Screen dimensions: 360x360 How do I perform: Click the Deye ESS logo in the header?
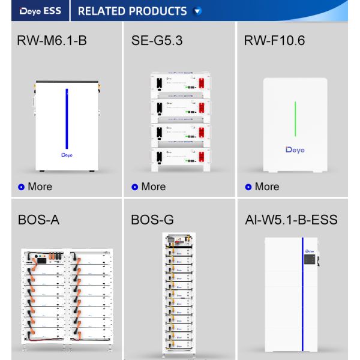coord(40,11)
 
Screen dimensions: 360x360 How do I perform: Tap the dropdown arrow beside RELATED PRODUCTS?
coord(197,11)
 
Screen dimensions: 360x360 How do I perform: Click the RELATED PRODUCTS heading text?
coord(132,11)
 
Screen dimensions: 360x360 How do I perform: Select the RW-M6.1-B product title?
coord(52,40)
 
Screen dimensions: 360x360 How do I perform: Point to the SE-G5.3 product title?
coord(157,40)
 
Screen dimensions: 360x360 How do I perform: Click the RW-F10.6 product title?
coord(274,40)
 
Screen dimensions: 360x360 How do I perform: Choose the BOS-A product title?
coord(38,220)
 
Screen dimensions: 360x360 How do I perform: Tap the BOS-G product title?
coord(152,220)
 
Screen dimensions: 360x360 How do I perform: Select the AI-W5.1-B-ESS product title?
coord(291,220)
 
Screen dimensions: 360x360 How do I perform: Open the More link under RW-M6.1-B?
coord(40,187)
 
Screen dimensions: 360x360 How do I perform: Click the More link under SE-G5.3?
coord(154,187)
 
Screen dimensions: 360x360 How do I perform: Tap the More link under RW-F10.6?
coord(267,187)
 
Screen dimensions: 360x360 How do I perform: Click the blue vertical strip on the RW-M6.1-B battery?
coord(67,119)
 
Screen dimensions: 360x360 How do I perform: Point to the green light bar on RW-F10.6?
coord(295,119)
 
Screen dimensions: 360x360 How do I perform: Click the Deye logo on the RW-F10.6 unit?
coord(295,149)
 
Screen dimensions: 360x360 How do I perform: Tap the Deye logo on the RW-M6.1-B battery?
coord(67,155)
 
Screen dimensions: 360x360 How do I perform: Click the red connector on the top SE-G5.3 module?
coord(202,83)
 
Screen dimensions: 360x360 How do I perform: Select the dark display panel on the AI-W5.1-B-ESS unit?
coord(310,259)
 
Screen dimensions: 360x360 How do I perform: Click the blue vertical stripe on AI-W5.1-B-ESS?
coord(302,294)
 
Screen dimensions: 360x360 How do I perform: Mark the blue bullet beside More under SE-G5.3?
coord(135,187)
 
